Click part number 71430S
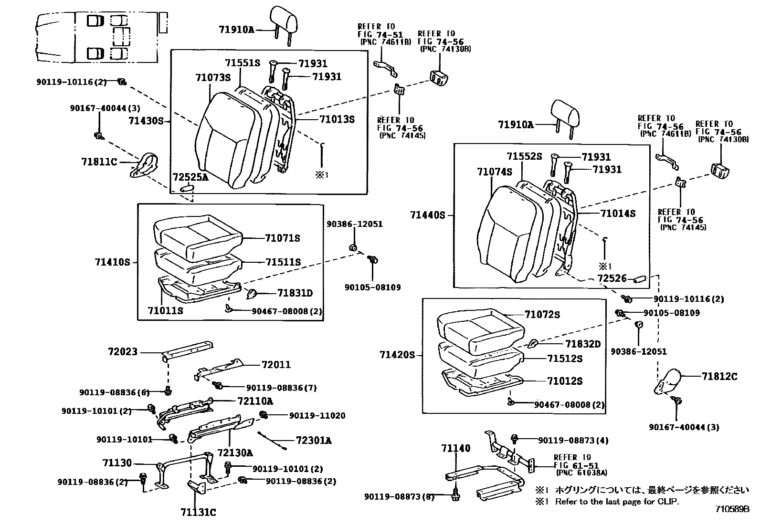click(146, 121)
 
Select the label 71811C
click(99, 162)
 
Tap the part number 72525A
click(190, 177)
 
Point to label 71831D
click(295, 293)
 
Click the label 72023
click(123, 352)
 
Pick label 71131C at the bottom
click(198, 513)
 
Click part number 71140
click(455, 448)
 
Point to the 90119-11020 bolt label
click(317, 416)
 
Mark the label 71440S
click(427, 216)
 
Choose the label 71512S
click(564, 359)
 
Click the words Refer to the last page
click(616, 502)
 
